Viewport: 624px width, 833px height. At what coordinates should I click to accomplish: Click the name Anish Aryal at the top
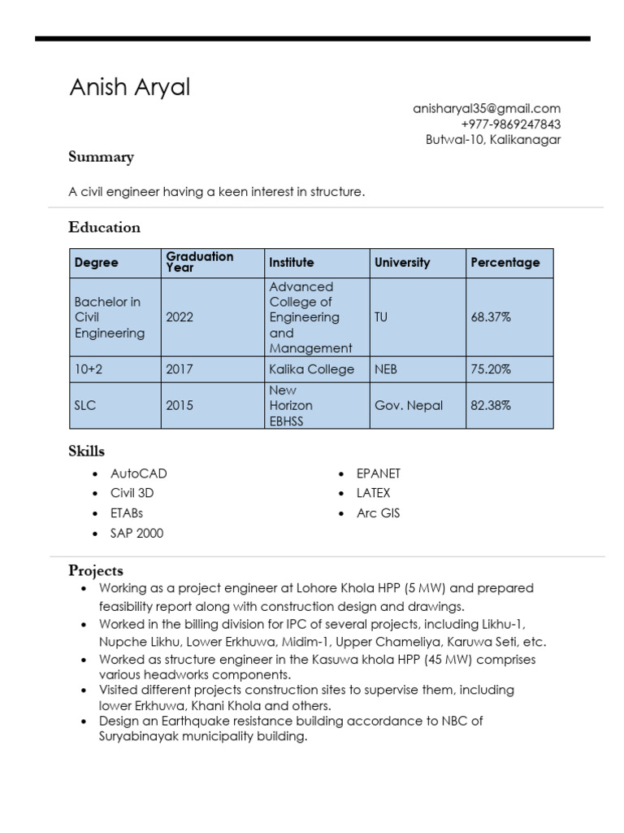pyautogui.click(x=129, y=88)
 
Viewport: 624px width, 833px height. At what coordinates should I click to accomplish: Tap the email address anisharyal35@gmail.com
pyautogui.click(x=487, y=108)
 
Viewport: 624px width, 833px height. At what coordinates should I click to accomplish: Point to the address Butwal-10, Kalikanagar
pyautogui.click(x=493, y=140)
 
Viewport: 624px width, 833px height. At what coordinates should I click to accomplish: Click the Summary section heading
pyautogui.click(x=101, y=157)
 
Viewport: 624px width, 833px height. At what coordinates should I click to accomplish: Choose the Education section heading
pyautogui.click(x=104, y=227)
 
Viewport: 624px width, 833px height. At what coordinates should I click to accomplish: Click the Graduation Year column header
pyautogui.click(x=199, y=262)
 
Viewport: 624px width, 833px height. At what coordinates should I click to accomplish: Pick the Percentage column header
pyautogui.click(x=505, y=263)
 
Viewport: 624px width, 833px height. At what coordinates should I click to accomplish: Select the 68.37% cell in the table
pyautogui.click(x=491, y=317)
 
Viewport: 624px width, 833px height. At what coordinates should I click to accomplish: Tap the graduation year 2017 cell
pyautogui.click(x=180, y=369)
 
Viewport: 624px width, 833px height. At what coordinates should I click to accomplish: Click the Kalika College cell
pyautogui.click(x=311, y=369)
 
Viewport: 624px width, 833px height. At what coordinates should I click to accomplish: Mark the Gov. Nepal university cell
pyautogui.click(x=408, y=405)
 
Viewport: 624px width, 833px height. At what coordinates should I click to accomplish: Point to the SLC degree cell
pyautogui.click(x=85, y=405)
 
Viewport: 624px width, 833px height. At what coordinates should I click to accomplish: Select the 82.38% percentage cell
pyautogui.click(x=491, y=405)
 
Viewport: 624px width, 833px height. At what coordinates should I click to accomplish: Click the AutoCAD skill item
pyautogui.click(x=138, y=473)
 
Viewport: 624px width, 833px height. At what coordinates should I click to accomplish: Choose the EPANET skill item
pyautogui.click(x=379, y=473)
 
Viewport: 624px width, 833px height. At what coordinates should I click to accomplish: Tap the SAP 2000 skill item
pyautogui.click(x=136, y=534)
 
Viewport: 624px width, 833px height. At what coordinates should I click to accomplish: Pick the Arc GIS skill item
pyautogui.click(x=378, y=513)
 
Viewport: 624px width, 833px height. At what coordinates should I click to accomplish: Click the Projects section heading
pyautogui.click(x=96, y=570)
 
